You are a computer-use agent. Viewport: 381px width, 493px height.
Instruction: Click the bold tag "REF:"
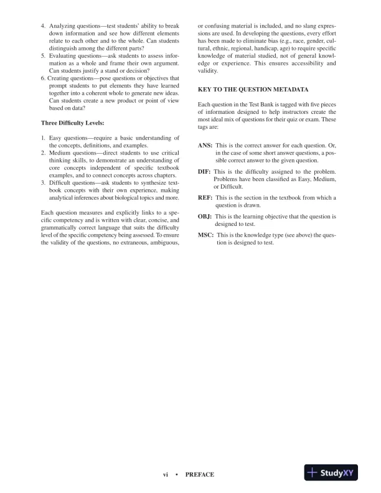pyautogui.click(x=205, y=198)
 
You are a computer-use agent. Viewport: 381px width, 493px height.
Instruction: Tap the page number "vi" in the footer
pyautogui.click(x=166, y=474)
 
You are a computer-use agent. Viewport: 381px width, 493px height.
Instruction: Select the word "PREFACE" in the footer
pyautogui.click(x=200, y=474)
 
